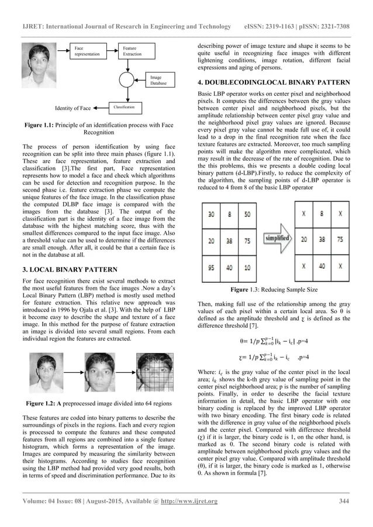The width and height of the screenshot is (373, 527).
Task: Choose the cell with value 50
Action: click(x=248, y=214)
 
